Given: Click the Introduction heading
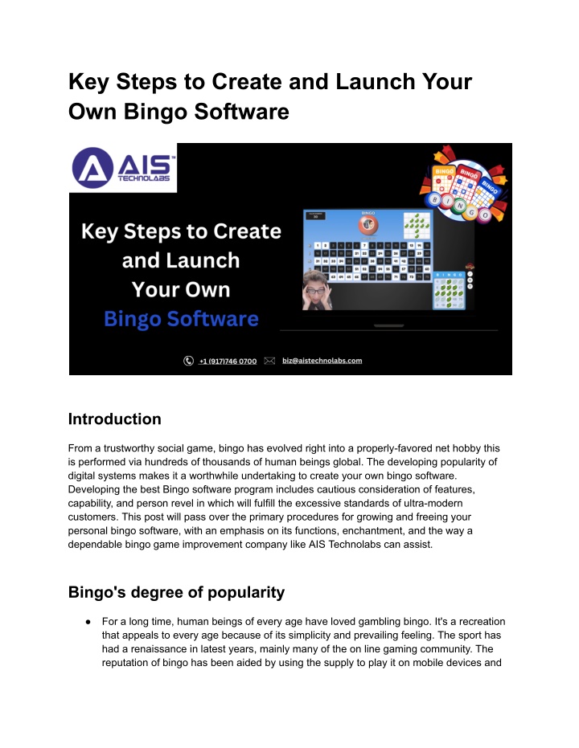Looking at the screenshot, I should [x=114, y=419].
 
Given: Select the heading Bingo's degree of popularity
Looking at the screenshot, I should [x=176, y=592].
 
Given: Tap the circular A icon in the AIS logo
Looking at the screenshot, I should [x=92, y=167].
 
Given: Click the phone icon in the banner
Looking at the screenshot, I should [x=189, y=361].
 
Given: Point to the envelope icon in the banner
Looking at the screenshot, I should [x=270, y=361].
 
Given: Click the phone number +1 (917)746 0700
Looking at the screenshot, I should [x=228, y=361].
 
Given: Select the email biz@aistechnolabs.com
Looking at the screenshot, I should [x=322, y=361].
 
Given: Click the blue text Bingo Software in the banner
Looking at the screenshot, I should [x=181, y=319].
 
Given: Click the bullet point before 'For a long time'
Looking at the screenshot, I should [x=85, y=620].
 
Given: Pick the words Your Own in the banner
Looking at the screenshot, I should [x=181, y=289].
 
